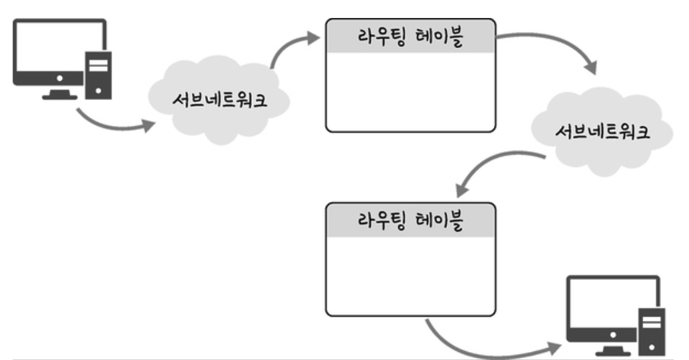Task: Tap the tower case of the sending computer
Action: tap(98, 75)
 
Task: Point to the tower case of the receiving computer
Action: tap(652, 332)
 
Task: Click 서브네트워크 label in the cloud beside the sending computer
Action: tap(220, 100)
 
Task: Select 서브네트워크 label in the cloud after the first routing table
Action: tap(603, 131)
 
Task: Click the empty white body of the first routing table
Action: tap(411, 91)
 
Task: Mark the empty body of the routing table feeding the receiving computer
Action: tap(411, 275)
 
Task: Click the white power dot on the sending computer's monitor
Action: tap(60, 78)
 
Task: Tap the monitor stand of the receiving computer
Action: tap(613, 350)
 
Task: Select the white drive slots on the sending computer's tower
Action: tap(98, 65)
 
